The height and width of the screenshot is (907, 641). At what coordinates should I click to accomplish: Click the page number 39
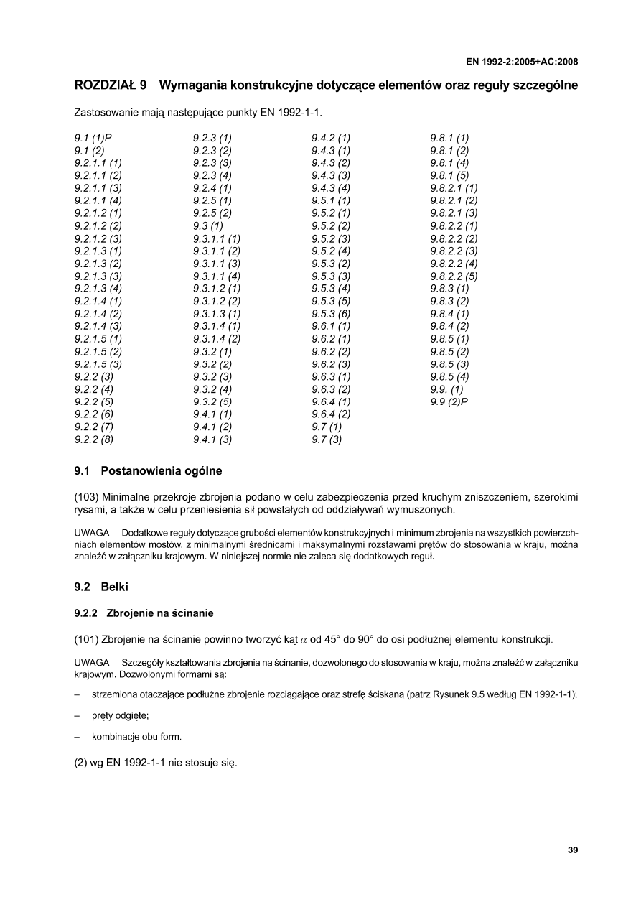pos(573,850)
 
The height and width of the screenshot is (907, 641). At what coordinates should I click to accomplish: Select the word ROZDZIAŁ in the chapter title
pos(106,86)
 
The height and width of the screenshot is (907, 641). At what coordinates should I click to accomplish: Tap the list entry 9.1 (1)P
pos(93,137)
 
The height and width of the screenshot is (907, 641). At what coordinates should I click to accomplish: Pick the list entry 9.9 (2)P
pos(449,402)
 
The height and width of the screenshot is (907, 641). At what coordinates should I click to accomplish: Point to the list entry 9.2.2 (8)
pos(94,440)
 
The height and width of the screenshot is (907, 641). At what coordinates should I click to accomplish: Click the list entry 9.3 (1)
pos(207,226)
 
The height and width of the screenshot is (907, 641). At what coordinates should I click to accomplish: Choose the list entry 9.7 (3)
pos(327,440)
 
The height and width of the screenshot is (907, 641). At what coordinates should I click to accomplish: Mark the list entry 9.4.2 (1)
pos(331,137)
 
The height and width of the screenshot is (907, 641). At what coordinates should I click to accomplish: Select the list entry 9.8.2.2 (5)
pos(454,276)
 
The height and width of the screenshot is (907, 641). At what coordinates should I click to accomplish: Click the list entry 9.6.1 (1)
pos(331,327)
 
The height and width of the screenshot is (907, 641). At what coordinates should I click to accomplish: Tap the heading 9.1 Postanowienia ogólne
pos(149,472)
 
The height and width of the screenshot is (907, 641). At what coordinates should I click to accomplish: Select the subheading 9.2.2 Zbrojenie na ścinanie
pos(144,613)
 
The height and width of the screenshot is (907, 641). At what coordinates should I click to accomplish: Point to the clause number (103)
pos(87,496)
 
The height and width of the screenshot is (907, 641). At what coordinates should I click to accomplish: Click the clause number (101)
pos(87,638)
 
